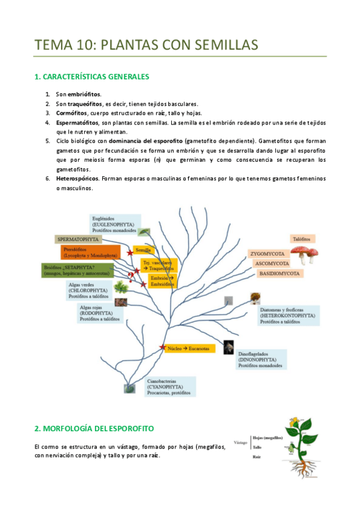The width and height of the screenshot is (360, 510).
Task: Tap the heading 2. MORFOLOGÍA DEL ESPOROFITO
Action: point(94,428)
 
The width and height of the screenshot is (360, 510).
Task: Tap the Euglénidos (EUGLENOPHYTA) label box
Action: point(115,224)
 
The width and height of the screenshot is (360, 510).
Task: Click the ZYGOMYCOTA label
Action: point(270,254)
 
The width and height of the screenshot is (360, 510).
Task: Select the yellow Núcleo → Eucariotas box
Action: point(188,348)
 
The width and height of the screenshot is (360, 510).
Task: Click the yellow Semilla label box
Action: point(144,250)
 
